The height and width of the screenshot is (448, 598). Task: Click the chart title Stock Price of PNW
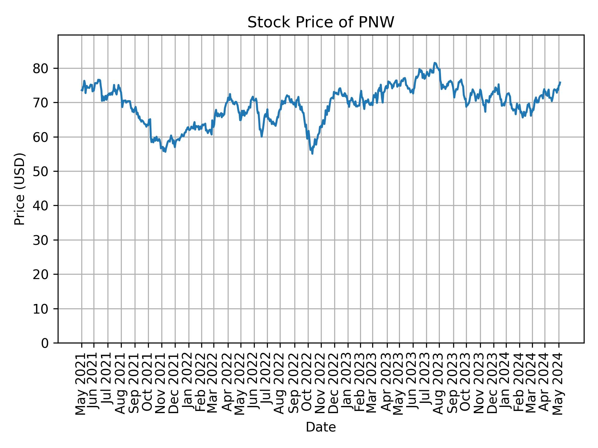pyautogui.click(x=320, y=23)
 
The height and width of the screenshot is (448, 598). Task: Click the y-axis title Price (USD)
pyautogui.click(x=20, y=189)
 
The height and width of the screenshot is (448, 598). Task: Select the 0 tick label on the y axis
pyautogui.click(x=45, y=343)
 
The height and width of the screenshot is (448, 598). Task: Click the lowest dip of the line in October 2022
pyautogui.click(x=312, y=153)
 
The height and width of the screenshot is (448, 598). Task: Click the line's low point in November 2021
pyautogui.click(x=165, y=152)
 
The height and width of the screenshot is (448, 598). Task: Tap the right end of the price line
pyautogui.click(x=560, y=82)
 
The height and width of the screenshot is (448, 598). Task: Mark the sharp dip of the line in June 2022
pyautogui.click(x=262, y=137)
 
